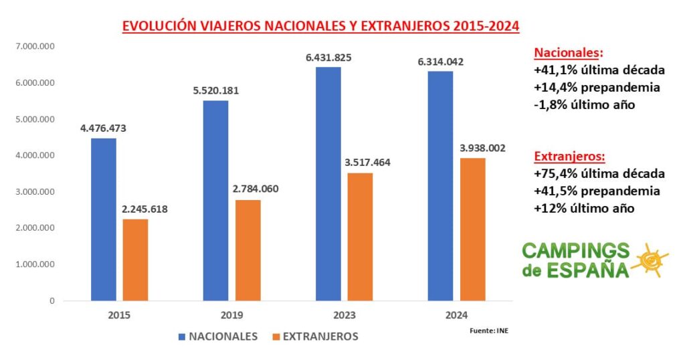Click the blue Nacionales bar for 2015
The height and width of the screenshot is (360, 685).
click(x=104, y=219)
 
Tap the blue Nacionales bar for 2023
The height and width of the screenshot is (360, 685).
click(x=328, y=184)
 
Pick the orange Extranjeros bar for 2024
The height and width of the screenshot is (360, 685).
click(x=473, y=230)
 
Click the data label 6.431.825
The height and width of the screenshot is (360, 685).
click(x=328, y=58)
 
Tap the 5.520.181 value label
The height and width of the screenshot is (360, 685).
click(x=216, y=91)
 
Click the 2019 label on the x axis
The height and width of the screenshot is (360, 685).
click(x=231, y=315)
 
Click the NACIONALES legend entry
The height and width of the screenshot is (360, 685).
click(x=219, y=337)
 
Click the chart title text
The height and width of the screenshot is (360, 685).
click(x=321, y=27)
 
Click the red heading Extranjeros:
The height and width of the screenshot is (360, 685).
click(x=569, y=157)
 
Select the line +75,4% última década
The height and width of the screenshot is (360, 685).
click(x=599, y=174)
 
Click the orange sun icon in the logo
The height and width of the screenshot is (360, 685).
click(x=649, y=259)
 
